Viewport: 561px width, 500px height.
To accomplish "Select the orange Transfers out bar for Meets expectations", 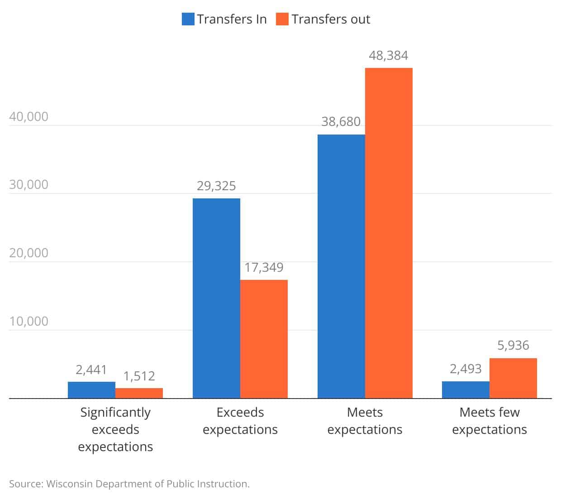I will click(x=389, y=233).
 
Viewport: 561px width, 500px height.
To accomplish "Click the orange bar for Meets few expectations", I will click(x=513, y=378).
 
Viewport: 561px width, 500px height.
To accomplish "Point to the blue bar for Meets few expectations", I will click(x=466, y=390).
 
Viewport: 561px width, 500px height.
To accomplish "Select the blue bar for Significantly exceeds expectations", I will click(x=91, y=390).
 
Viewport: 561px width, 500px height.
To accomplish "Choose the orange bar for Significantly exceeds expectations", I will click(x=139, y=393).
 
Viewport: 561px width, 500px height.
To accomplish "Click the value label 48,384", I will click(x=388, y=56).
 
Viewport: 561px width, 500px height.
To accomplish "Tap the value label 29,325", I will click(x=216, y=186).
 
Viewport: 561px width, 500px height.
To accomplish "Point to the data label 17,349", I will click(x=264, y=268).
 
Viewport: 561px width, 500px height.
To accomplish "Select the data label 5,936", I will click(x=513, y=346).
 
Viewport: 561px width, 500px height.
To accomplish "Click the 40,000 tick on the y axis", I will click(x=29, y=117).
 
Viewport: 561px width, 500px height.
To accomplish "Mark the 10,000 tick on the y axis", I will click(x=29, y=322).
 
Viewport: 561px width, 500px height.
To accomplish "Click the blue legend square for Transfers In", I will click(x=188, y=19).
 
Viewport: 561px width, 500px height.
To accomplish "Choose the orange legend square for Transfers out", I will click(x=282, y=19).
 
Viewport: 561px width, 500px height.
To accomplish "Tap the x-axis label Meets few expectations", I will click(x=490, y=421).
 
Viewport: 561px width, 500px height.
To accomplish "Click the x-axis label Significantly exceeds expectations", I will click(x=115, y=429).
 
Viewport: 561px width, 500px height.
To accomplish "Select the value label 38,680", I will click(x=341, y=122).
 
